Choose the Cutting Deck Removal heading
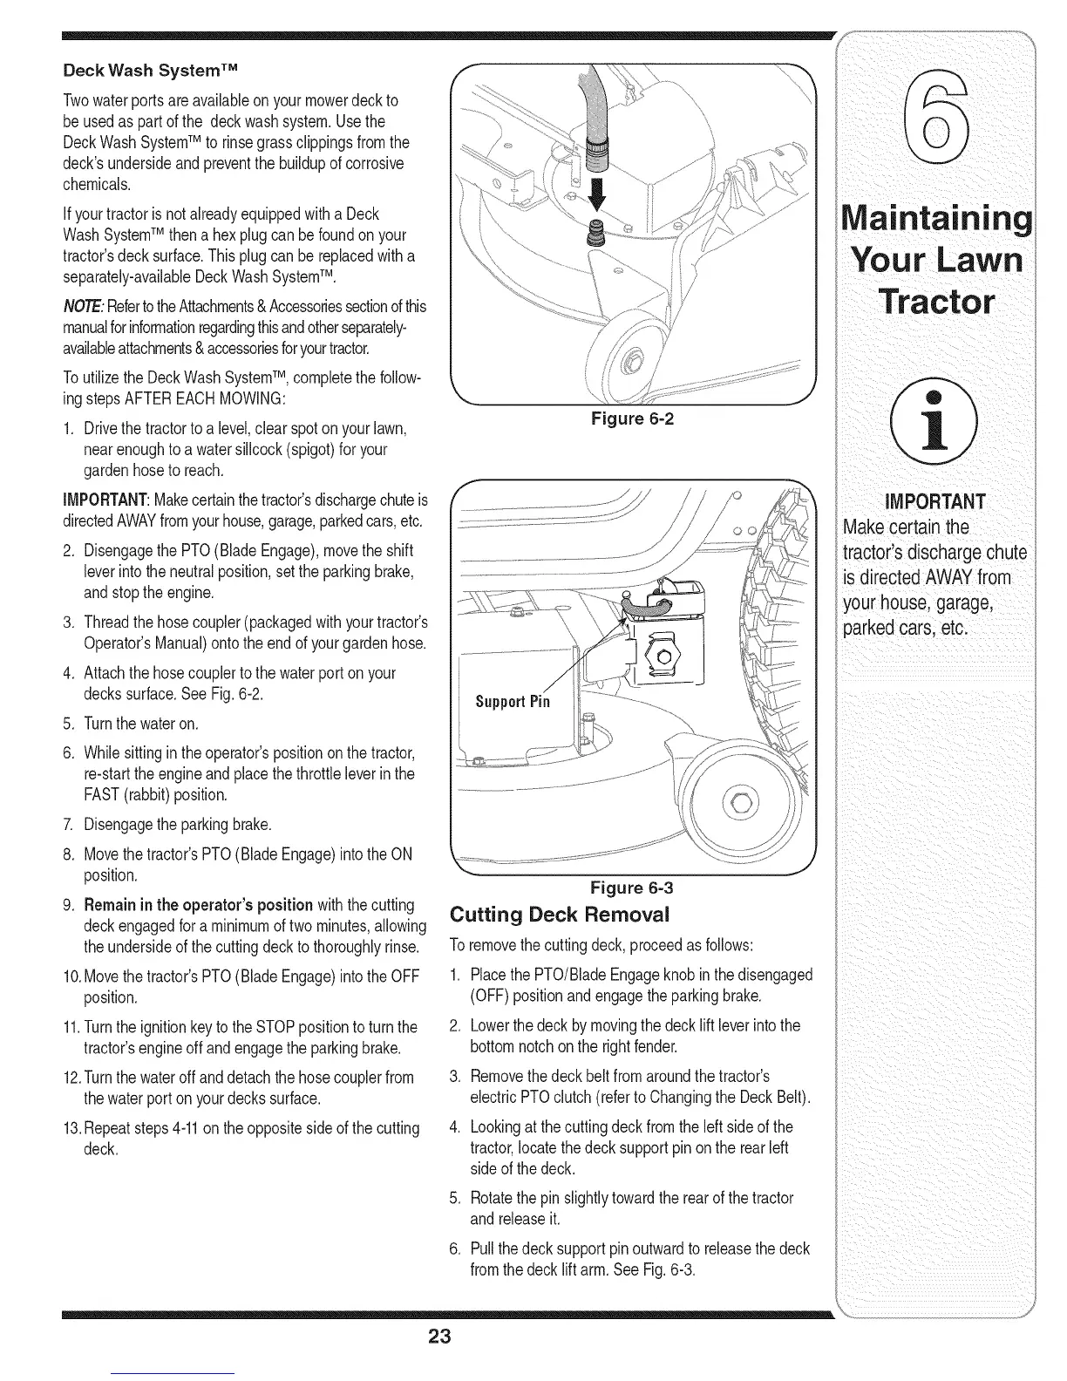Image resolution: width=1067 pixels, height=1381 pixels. [558, 915]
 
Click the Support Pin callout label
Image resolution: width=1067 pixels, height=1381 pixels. [513, 702]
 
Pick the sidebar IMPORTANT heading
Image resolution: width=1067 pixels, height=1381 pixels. [934, 501]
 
